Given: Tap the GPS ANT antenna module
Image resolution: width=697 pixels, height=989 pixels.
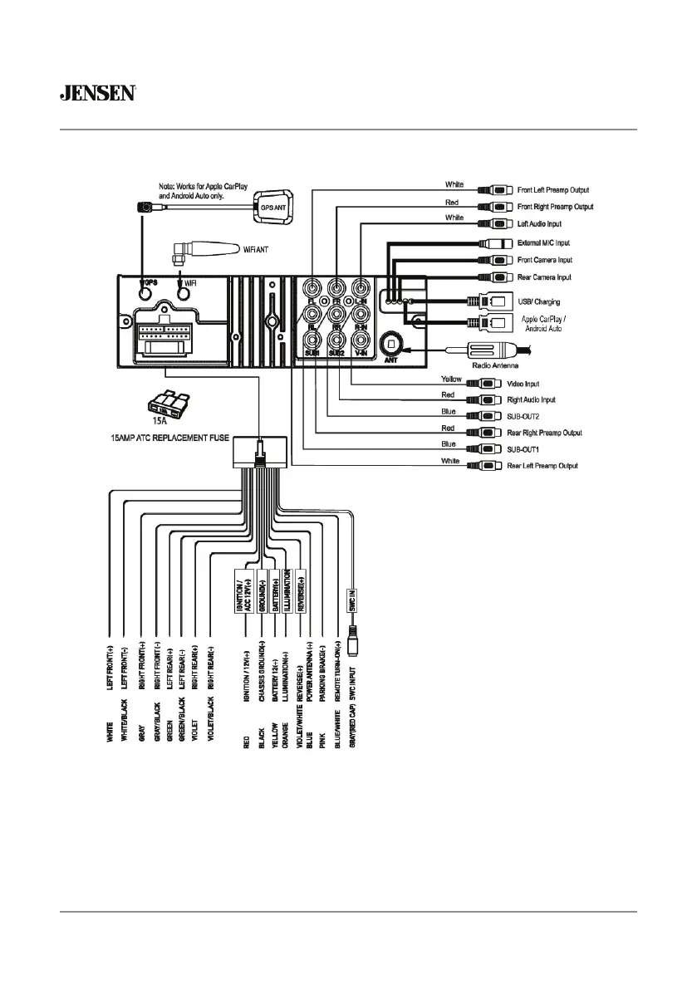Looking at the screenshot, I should pos(273,206).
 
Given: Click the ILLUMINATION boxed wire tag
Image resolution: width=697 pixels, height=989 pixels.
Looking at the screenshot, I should pos(286,591).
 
